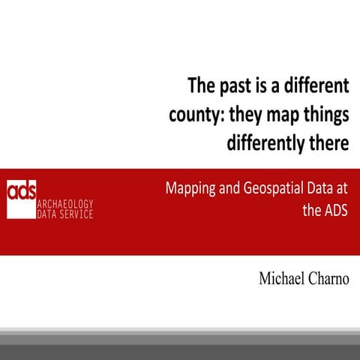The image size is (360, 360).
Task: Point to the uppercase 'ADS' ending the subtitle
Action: click(337, 209)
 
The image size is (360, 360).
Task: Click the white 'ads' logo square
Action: click(22, 199)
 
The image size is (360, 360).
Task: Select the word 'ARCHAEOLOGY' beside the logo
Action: click(65, 204)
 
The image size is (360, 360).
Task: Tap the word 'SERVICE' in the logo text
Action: click(76, 214)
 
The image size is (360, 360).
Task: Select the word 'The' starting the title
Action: click(201, 86)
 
